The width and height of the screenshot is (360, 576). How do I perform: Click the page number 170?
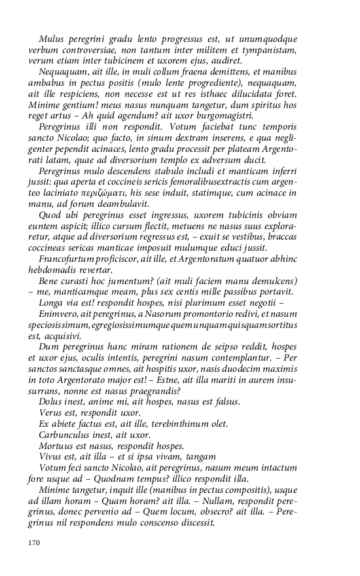point(35,543)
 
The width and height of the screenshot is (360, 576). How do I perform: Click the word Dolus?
point(51,401)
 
